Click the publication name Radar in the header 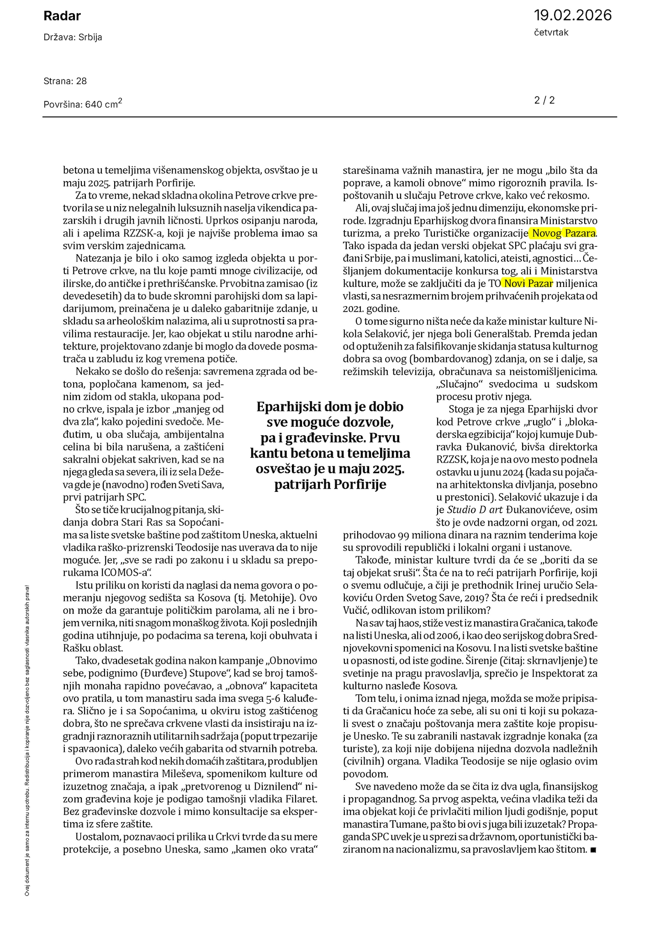pos(62,16)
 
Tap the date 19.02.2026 pos(572,16)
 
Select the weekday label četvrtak pos(551,32)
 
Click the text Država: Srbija pos(73,37)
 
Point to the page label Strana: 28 pos(65,81)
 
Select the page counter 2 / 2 pos(545,100)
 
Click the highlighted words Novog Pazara pos(563,234)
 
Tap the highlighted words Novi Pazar pos(527,283)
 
